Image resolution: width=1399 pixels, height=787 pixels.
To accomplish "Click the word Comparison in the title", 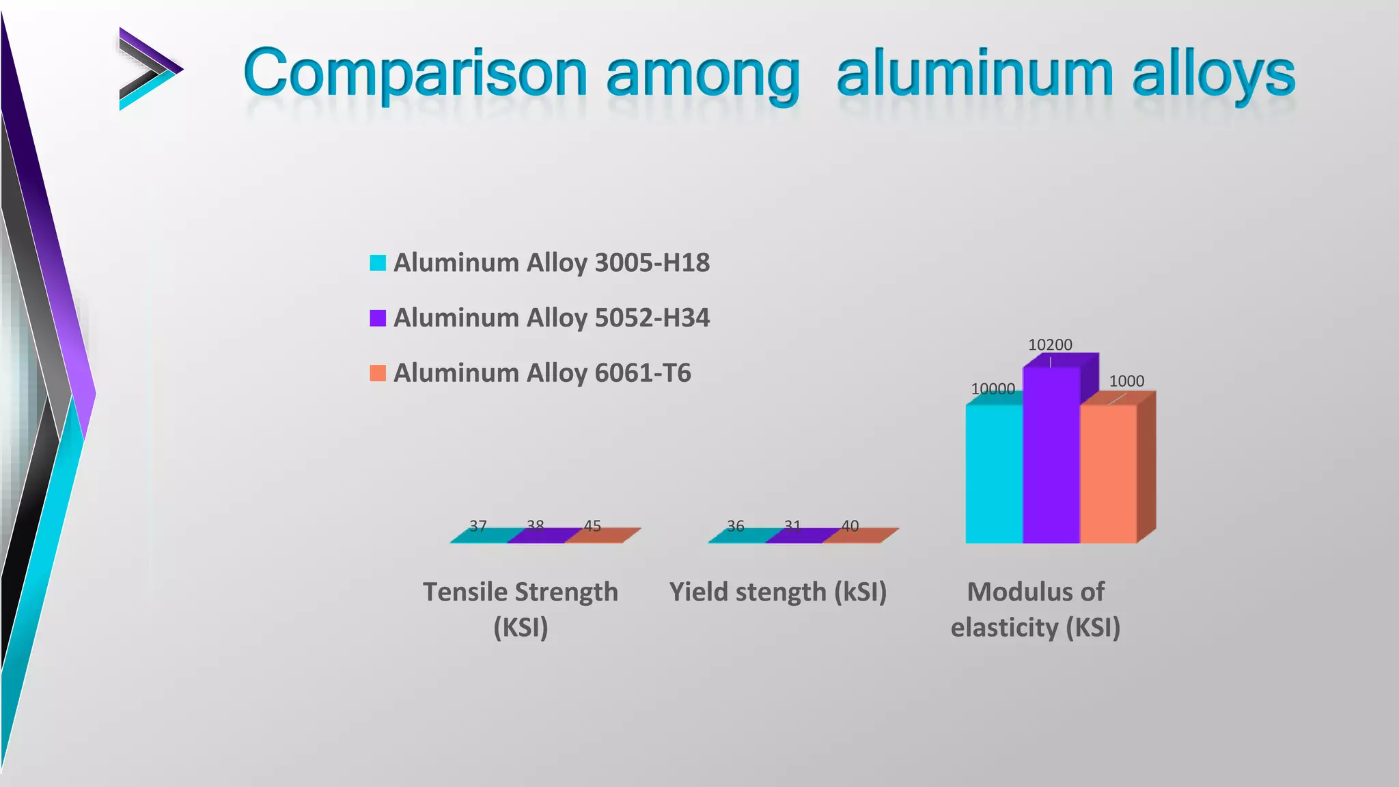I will (x=415, y=74).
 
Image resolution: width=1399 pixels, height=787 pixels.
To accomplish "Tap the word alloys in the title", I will (x=1213, y=74).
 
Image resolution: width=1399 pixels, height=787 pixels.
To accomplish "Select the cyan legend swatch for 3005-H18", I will (x=378, y=263).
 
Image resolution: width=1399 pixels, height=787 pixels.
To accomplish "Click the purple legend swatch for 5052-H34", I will (x=378, y=318).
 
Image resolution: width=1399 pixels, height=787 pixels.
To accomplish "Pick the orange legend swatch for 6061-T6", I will (x=378, y=373).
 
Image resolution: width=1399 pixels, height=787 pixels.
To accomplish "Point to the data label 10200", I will (x=1050, y=345).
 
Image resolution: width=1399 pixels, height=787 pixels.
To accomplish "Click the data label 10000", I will (x=993, y=389).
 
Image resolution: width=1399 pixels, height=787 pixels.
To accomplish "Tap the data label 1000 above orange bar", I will (x=1126, y=381).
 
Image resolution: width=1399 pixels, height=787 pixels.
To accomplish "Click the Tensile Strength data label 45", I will (x=592, y=526).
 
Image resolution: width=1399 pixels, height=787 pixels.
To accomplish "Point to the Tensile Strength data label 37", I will (x=478, y=526).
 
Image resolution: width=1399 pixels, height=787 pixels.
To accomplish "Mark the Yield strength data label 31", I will (x=792, y=526).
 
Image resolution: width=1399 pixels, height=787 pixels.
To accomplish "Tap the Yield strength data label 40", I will (x=850, y=526).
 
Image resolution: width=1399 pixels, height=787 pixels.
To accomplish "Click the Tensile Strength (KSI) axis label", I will (x=521, y=609).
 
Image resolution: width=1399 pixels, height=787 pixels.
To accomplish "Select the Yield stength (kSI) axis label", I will (x=778, y=592).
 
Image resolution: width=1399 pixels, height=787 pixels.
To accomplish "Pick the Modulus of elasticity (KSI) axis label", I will (x=1036, y=609).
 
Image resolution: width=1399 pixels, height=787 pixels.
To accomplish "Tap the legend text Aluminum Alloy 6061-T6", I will (x=542, y=373).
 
